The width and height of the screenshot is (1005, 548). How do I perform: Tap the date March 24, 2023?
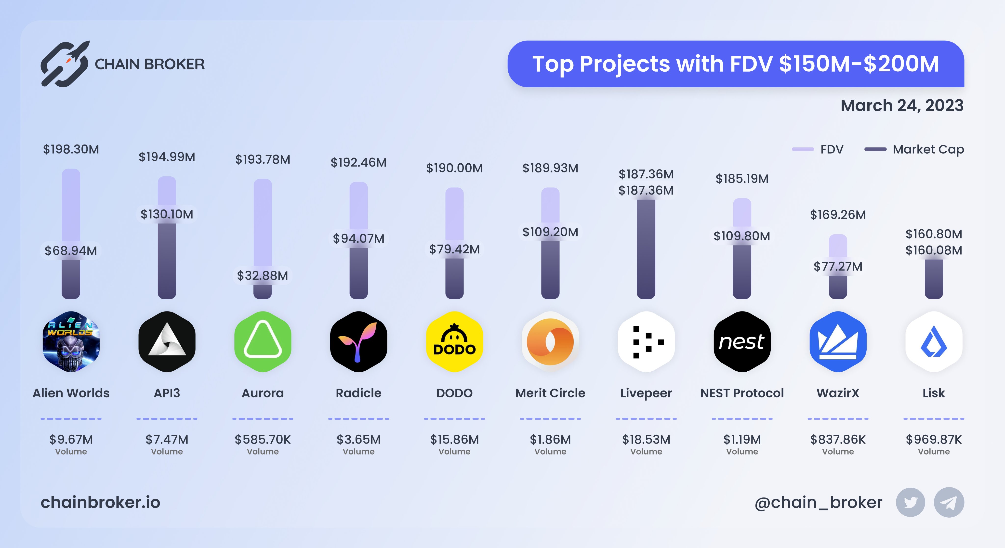click(x=902, y=106)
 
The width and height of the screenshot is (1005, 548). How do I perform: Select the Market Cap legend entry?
click(x=914, y=149)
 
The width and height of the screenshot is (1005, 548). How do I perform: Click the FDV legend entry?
click(x=818, y=149)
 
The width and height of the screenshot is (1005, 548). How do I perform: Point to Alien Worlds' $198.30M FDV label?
click(x=71, y=149)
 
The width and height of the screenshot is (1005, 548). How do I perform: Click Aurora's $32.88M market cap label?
click(x=263, y=276)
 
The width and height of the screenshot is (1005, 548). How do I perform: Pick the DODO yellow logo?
click(x=454, y=342)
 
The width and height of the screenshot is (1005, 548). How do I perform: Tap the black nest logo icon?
click(x=742, y=342)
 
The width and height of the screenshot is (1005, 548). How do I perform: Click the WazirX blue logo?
click(x=838, y=342)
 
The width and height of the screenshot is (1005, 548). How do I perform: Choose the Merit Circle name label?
click(x=550, y=393)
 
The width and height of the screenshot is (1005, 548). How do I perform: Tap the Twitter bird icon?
click(x=910, y=502)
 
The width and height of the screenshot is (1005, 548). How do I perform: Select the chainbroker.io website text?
click(x=100, y=502)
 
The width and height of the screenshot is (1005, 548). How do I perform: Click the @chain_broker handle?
click(x=818, y=502)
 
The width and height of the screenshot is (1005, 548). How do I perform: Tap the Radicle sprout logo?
click(x=358, y=342)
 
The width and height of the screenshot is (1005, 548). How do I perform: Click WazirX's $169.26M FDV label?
click(x=838, y=215)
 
